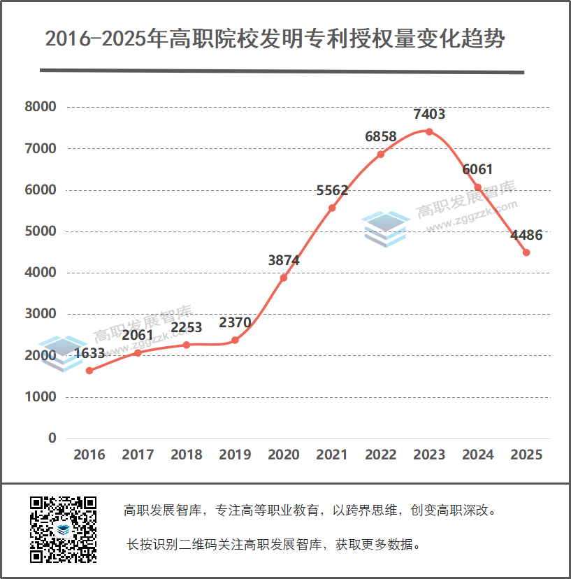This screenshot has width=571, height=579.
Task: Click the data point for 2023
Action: pyautogui.click(x=429, y=131)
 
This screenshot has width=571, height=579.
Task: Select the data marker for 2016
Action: pyautogui.click(x=89, y=371)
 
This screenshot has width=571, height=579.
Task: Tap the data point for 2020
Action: pyautogui.click(x=284, y=278)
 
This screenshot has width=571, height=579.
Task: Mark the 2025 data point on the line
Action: pyautogui.click(x=526, y=252)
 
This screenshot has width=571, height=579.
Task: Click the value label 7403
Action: pyautogui.click(x=429, y=114)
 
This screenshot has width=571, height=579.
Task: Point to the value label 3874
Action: pyautogui.click(x=284, y=260)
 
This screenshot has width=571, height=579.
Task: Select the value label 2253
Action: pyautogui.click(x=187, y=327)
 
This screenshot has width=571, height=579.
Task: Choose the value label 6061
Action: pyautogui.click(x=478, y=169)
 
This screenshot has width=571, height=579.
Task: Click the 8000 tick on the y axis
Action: pyautogui.click(x=40, y=107)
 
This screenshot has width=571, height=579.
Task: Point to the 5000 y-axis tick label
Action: pyautogui.click(x=40, y=231)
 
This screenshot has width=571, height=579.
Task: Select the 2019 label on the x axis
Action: pyautogui.click(x=235, y=455)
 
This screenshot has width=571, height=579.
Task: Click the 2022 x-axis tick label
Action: pyautogui.click(x=381, y=455)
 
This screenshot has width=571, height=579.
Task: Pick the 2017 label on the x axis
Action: pyautogui.click(x=138, y=455)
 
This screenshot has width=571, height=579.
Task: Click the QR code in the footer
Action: pyautogui.click(x=63, y=529)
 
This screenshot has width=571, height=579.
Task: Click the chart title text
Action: pyautogui.click(x=275, y=38)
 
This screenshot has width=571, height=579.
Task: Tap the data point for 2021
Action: pyautogui.click(x=332, y=208)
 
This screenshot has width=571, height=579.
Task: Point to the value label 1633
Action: pyautogui.click(x=89, y=353)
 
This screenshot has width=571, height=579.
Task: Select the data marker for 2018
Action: pyautogui.click(x=187, y=345)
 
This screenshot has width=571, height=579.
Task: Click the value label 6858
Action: pyautogui.click(x=381, y=136)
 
